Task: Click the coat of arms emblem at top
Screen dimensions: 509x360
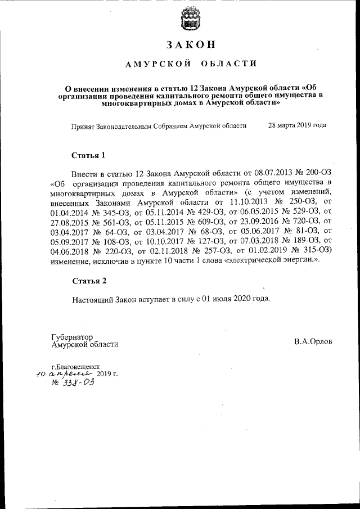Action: click(191, 20)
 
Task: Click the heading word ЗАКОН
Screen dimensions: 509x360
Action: click(191, 44)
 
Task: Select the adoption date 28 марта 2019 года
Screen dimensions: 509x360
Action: click(297, 125)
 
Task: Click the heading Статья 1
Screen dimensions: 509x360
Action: click(89, 155)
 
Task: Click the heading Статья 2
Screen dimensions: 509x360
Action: click(89, 280)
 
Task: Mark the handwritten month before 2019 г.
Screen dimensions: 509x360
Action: click(70, 374)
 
